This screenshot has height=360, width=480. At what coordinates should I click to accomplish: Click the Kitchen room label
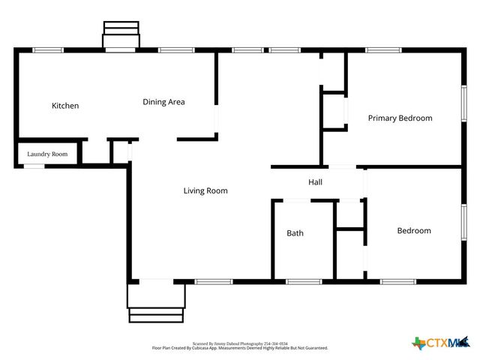click(x=64, y=106)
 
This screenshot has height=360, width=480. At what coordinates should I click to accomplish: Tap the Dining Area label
click(x=163, y=102)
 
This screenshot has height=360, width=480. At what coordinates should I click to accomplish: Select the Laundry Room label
click(x=47, y=154)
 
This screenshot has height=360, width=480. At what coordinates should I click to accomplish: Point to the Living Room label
click(x=205, y=190)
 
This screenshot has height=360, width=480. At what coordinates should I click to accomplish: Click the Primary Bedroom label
click(x=400, y=118)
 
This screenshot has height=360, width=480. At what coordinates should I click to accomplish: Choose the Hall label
click(x=316, y=182)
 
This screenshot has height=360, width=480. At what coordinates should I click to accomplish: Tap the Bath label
click(x=295, y=233)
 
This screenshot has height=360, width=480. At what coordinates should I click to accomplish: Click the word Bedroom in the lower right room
click(x=414, y=230)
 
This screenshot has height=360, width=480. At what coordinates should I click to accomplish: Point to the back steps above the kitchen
click(x=121, y=34)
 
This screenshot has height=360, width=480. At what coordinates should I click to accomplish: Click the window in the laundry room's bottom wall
click(x=34, y=166)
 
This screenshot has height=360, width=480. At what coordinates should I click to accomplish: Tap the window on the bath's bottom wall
click(x=304, y=281)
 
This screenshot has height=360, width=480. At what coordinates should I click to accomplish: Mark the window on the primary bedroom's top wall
click(x=384, y=49)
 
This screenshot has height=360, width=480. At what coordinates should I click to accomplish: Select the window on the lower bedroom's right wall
click(x=463, y=224)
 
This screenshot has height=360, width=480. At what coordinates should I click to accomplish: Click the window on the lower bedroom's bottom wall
click(x=397, y=281)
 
